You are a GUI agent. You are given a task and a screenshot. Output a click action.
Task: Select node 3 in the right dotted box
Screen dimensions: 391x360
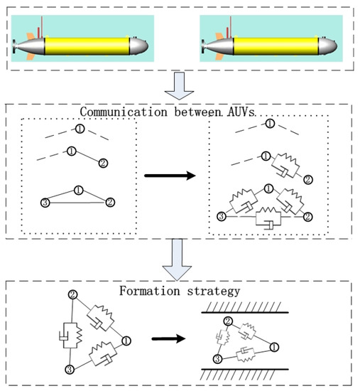[222, 216]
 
